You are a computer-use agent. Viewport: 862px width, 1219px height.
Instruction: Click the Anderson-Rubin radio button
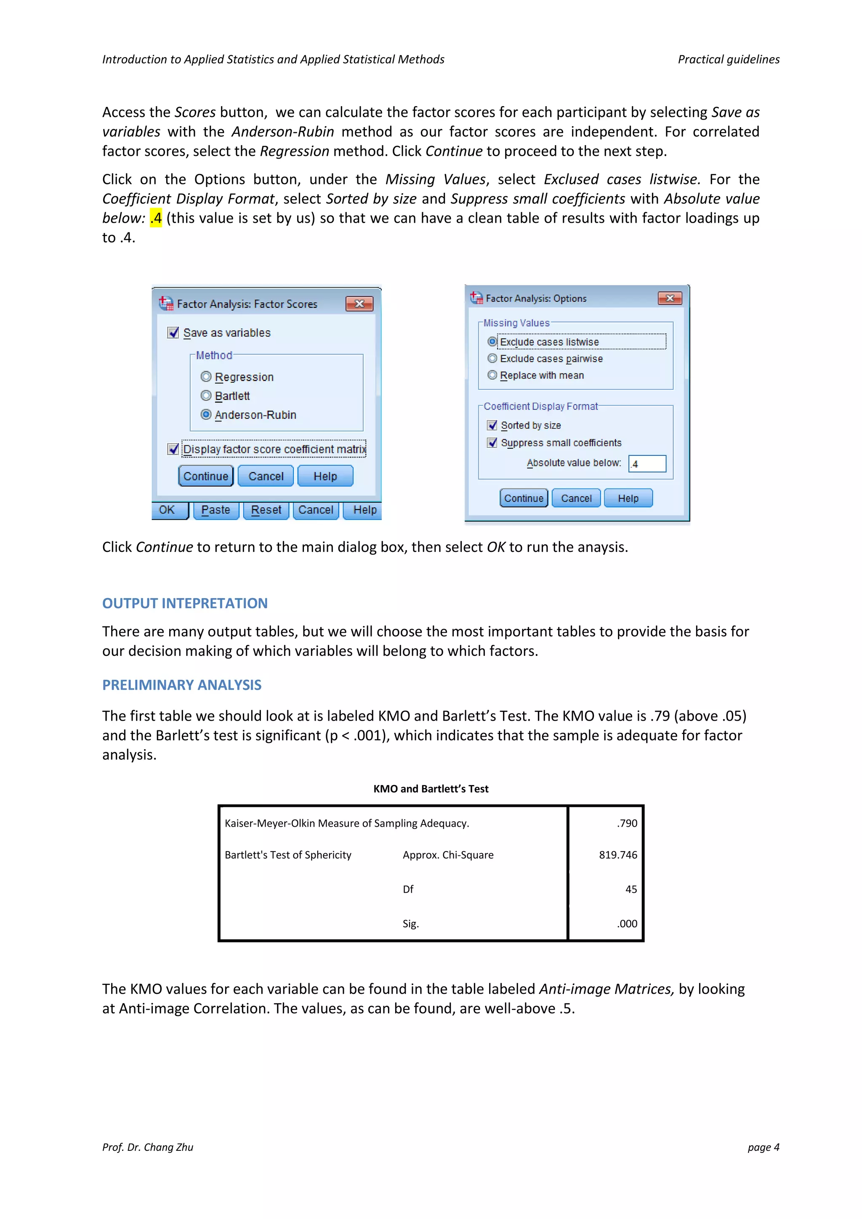[206, 415]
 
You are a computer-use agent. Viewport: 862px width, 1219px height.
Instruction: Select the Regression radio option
[206, 377]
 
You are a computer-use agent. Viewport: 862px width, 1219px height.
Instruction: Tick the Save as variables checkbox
[173, 333]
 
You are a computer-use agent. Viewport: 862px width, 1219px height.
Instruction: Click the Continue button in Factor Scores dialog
[205, 476]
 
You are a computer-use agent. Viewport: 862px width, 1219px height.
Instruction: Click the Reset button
[266, 510]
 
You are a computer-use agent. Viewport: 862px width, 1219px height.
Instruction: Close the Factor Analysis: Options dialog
[669, 298]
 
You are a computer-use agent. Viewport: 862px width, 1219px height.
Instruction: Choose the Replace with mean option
[492, 375]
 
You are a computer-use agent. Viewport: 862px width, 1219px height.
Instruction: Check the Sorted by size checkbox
[492, 425]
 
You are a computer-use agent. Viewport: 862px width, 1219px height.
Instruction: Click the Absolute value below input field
[647, 463]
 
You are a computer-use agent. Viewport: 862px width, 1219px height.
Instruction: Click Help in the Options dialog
[628, 498]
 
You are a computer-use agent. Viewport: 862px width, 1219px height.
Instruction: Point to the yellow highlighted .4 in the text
[156, 218]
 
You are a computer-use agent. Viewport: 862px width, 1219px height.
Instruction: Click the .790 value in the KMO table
[627, 823]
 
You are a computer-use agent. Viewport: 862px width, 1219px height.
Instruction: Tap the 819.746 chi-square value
[618, 855]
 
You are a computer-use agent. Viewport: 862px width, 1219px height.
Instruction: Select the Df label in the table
[408, 889]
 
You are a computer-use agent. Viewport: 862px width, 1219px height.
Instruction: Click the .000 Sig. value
[627, 924]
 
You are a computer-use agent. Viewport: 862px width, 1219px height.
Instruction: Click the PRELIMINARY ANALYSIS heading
[181, 685]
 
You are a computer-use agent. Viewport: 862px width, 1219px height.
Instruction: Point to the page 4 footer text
[763, 1147]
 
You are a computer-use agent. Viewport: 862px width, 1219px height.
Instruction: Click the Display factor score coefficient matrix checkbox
[173, 449]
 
